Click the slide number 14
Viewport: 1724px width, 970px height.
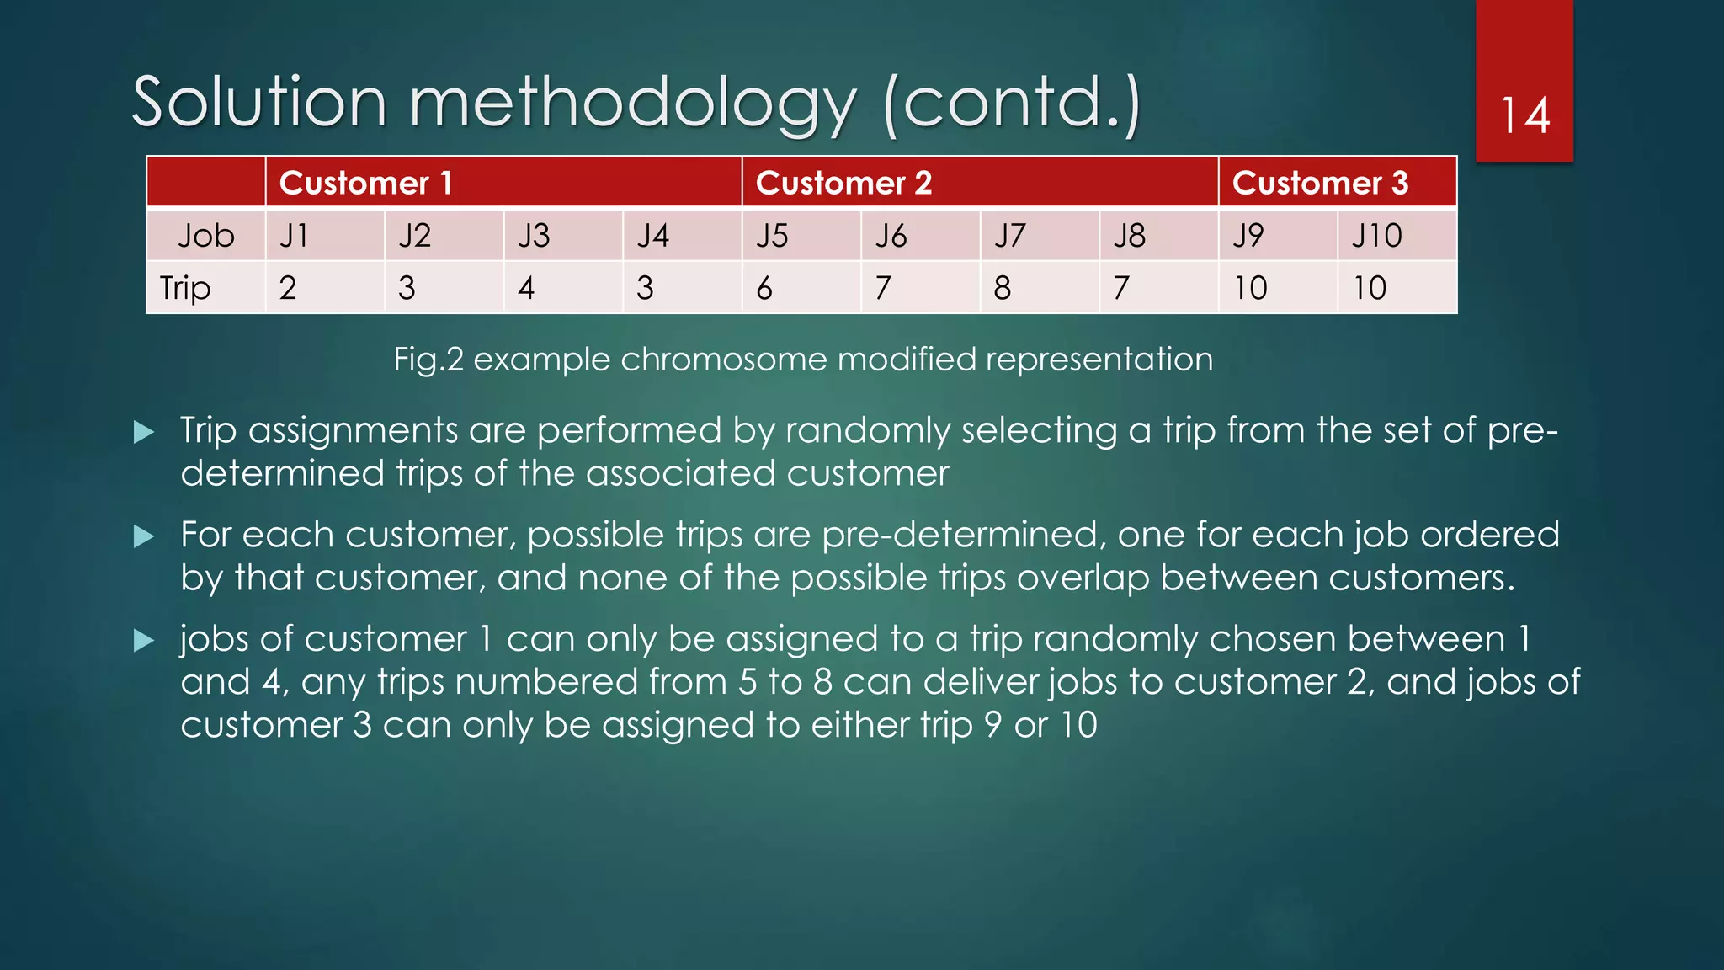pyautogui.click(x=1524, y=115)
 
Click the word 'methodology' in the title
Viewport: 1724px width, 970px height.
pyautogui.click(x=632, y=104)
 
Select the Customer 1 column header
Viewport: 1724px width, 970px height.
pyautogui.click(x=366, y=183)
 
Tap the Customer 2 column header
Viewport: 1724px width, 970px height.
pyautogui.click(x=843, y=183)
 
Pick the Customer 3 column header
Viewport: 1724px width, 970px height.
pyautogui.click(x=1320, y=183)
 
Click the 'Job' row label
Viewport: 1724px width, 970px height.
pyautogui.click(x=205, y=236)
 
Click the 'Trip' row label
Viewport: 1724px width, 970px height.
pyautogui.click(x=185, y=288)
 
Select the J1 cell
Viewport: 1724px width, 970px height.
pyautogui.click(x=295, y=236)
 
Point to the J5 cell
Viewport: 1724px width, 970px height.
pyautogui.click(x=772, y=236)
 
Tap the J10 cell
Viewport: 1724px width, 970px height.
pyautogui.click(x=1377, y=236)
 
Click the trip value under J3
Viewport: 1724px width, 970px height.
pyautogui.click(x=526, y=288)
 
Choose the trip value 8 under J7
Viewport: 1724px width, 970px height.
pyautogui.click(x=1002, y=288)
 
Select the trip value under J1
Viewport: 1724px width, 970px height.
pyautogui.click(x=288, y=288)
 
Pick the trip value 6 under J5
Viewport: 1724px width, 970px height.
pyautogui.click(x=764, y=288)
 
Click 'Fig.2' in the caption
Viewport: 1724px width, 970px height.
pyautogui.click(x=428, y=360)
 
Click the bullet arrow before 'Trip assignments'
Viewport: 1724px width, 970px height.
pyautogui.click(x=144, y=433)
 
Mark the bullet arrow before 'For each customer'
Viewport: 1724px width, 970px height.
pyautogui.click(x=144, y=536)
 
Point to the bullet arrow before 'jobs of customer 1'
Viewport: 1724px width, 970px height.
pyautogui.click(x=144, y=641)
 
